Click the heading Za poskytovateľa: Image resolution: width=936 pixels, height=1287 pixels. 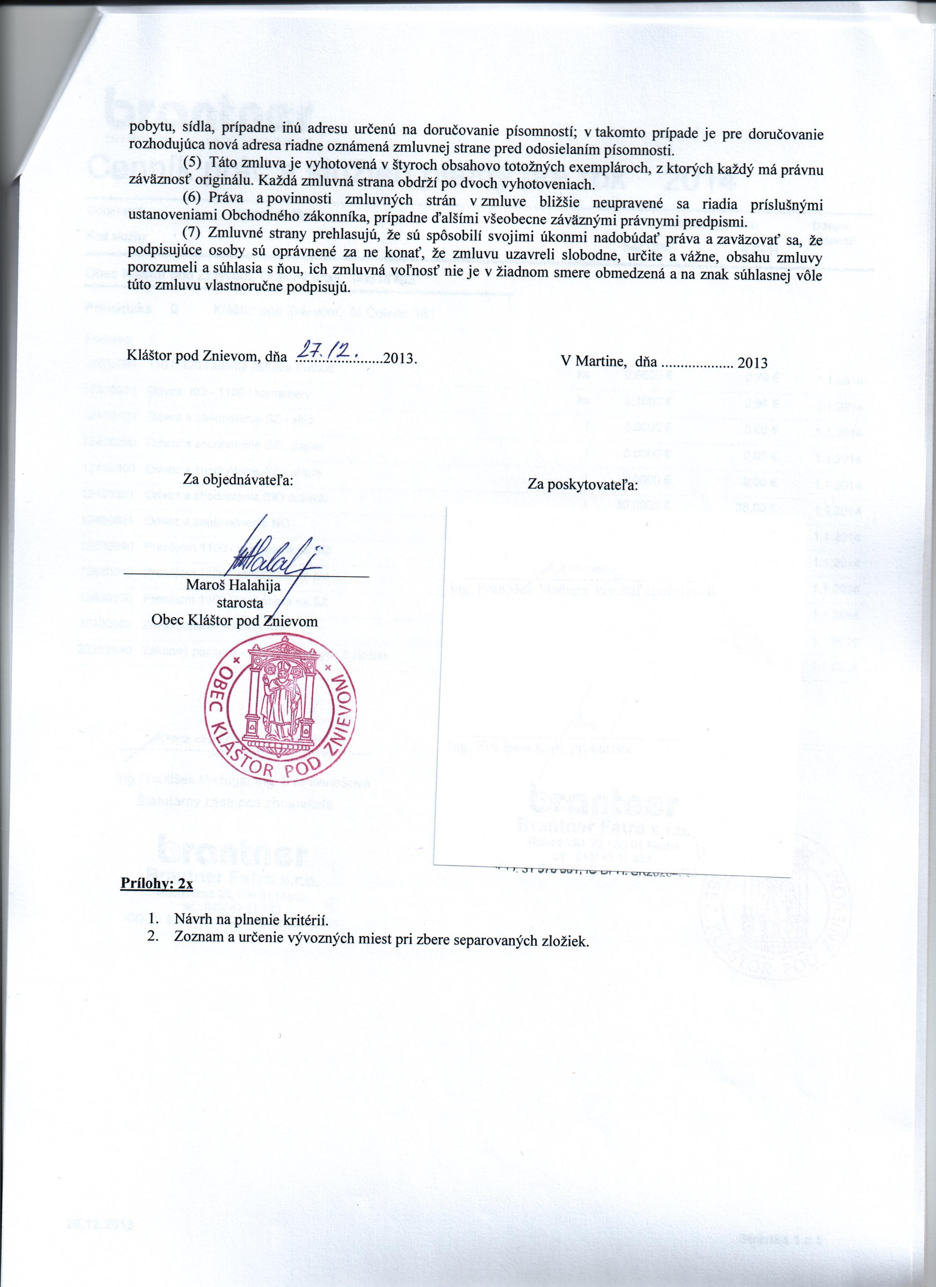(583, 485)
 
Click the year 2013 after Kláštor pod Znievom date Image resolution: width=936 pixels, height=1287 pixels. (400, 358)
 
